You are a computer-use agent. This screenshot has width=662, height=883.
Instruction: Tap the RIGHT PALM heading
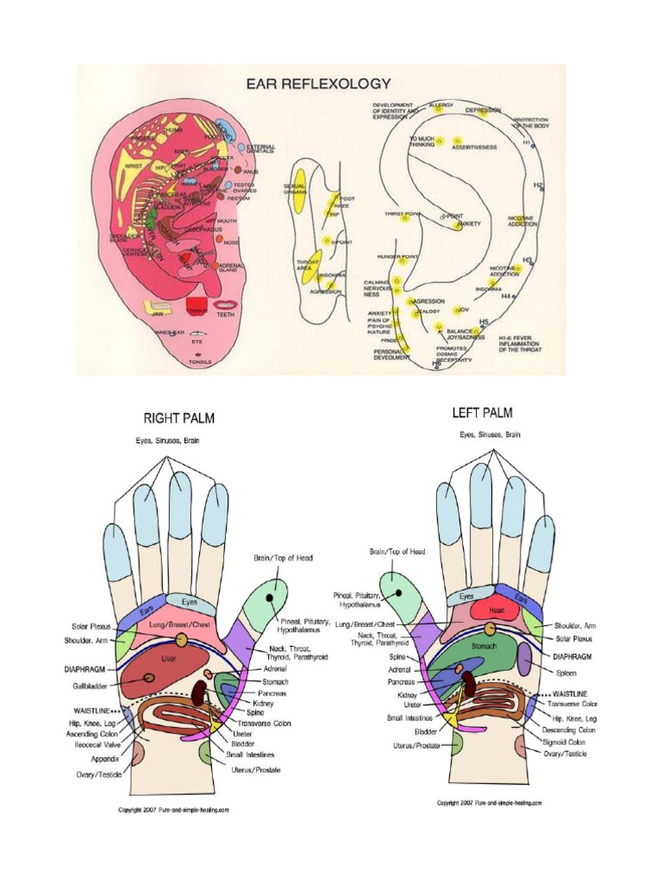coord(178,418)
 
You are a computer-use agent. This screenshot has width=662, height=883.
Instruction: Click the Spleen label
coord(565,673)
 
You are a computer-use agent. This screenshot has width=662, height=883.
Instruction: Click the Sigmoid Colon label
coord(571,741)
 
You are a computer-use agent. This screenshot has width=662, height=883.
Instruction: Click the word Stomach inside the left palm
coord(483,643)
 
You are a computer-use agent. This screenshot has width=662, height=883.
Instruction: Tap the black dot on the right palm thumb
coord(270,597)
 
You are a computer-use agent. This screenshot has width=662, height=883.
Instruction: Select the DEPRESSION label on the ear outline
coord(483,111)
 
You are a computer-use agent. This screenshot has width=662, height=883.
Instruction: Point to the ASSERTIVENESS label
coord(474,147)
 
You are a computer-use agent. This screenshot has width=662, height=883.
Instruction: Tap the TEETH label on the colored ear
coord(224,315)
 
